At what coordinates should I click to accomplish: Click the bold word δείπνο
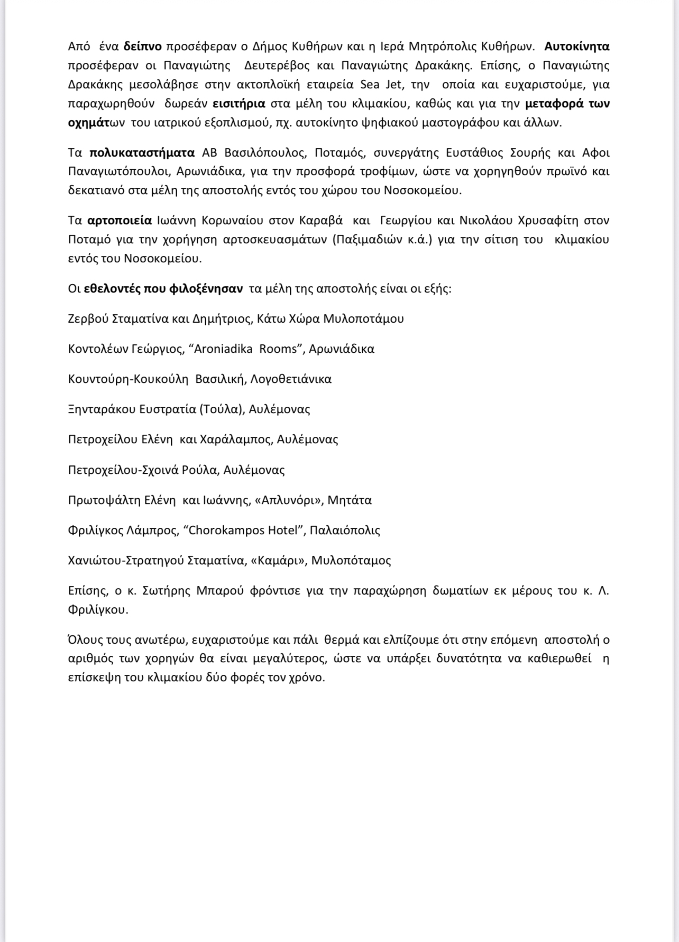point(143,47)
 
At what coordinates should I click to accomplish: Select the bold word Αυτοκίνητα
point(577,47)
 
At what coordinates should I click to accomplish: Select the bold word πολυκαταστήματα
point(142,153)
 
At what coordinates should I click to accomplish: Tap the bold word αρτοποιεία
point(120,220)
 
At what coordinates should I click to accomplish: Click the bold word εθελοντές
point(111,289)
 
